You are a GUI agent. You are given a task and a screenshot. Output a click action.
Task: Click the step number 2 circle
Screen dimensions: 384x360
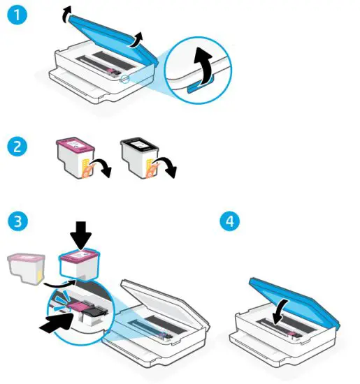point(16,147)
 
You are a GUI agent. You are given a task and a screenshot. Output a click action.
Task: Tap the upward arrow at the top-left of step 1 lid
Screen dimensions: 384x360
point(66,11)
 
